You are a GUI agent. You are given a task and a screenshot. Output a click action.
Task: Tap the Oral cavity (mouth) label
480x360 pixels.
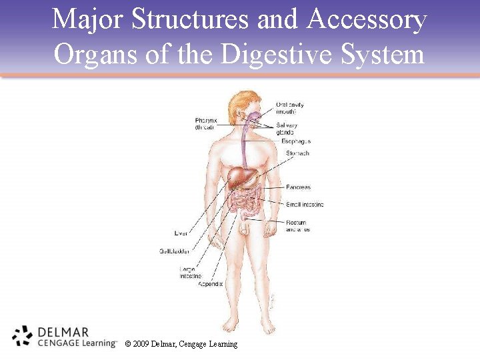click(x=290, y=108)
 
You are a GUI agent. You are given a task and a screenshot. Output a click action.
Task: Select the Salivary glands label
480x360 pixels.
click(x=287, y=129)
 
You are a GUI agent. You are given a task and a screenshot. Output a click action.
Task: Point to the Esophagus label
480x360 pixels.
click(x=295, y=141)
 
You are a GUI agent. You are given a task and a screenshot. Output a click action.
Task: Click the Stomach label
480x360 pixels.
click(x=297, y=153)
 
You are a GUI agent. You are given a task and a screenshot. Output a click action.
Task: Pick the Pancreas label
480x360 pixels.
click(x=298, y=187)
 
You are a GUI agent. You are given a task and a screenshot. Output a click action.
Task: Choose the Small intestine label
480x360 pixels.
click(x=305, y=204)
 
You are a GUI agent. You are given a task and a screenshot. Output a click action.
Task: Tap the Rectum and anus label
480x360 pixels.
click(x=297, y=226)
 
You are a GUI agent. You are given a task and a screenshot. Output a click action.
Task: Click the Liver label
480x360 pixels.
click(x=181, y=233)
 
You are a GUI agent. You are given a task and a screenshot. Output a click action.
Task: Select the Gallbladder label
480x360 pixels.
click(x=174, y=251)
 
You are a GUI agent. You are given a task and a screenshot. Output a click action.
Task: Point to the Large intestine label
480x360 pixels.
click(x=190, y=272)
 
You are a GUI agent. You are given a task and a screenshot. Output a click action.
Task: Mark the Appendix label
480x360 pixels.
click(x=210, y=284)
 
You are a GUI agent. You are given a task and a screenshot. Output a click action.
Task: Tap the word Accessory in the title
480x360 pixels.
click(x=366, y=19)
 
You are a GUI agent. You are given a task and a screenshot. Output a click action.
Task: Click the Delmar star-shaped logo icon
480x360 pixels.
click(x=22, y=336)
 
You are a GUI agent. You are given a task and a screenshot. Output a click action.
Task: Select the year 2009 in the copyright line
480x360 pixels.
click(x=141, y=344)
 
